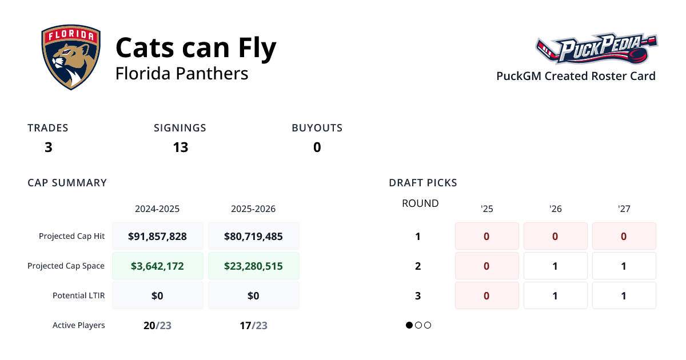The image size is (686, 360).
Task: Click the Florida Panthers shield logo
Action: coord(71,58)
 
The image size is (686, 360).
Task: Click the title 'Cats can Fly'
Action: coord(196,47)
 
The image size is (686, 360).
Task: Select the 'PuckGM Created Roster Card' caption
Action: coord(576,76)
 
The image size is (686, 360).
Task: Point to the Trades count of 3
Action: coord(48,147)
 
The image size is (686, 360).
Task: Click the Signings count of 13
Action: coord(180,147)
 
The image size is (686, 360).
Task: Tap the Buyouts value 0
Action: coord(317,147)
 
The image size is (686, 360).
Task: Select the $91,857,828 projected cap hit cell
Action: coord(158,236)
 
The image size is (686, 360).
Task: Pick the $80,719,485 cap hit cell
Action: coord(253,236)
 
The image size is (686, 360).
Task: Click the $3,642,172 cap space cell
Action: coord(158,266)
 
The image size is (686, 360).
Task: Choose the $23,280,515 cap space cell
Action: coord(253,266)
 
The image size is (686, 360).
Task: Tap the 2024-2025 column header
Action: coord(157,209)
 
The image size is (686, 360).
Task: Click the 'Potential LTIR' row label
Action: coord(78,295)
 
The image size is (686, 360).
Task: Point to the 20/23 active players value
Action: coord(157,326)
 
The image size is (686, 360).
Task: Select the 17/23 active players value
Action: coord(253,326)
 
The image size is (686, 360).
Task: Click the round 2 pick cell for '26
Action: coord(555,266)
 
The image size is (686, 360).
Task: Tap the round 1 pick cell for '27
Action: coord(624,236)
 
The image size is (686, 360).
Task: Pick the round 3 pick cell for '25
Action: coord(486,295)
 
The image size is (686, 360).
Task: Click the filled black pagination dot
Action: coord(409,325)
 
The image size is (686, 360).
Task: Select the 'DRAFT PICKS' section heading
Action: coord(422,183)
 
